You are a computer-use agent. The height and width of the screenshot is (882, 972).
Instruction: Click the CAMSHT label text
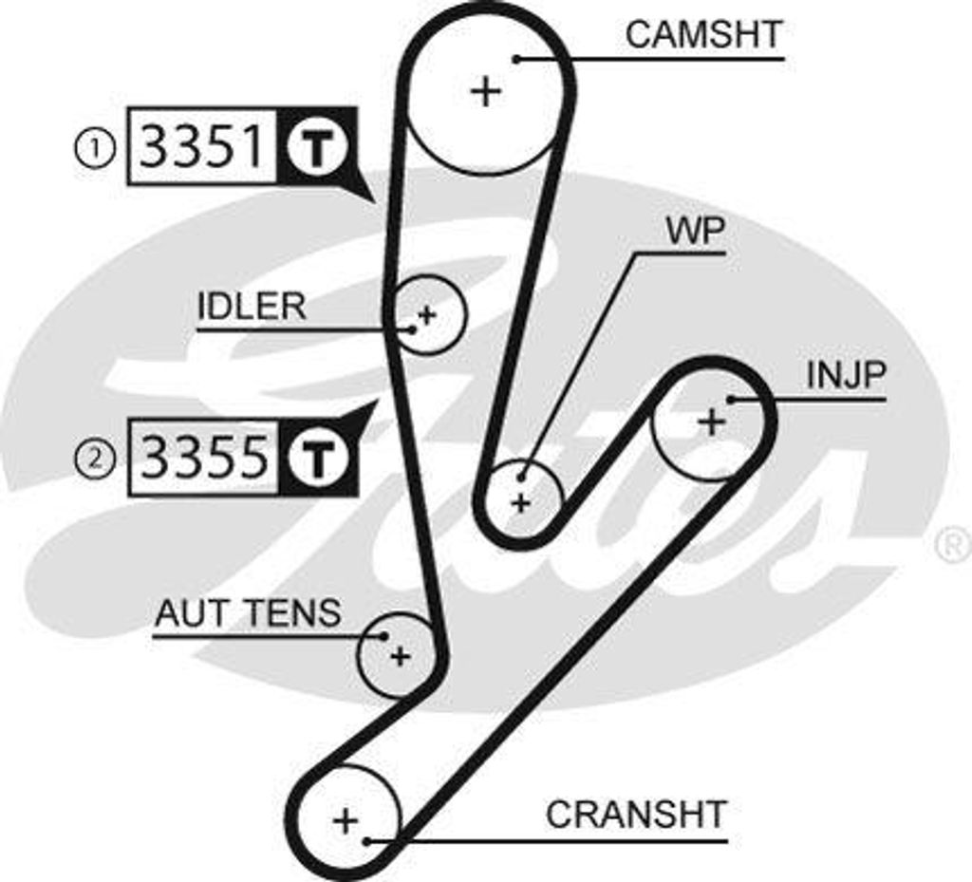(x=703, y=34)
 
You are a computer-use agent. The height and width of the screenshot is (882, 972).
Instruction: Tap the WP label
(x=696, y=232)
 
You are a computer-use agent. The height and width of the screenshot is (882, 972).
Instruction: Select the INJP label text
(x=846, y=375)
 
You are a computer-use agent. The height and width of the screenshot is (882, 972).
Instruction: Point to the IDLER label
(x=252, y=307)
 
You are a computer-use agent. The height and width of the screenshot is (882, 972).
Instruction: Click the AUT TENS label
(x=248, y=613)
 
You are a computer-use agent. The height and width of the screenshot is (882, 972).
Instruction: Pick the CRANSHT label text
(x=636, y=815)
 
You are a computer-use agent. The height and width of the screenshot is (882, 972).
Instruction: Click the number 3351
(x=201, y=146)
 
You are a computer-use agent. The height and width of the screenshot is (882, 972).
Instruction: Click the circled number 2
(x=95, y=460)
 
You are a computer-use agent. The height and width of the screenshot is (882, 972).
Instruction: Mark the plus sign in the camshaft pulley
(x=485, y=92)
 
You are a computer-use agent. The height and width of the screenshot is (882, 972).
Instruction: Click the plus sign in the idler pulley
(x=427, y=314)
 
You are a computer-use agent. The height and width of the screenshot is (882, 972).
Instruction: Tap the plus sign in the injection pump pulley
(x=710, y=421)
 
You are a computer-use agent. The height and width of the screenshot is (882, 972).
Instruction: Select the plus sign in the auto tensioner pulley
(x=401, y=655)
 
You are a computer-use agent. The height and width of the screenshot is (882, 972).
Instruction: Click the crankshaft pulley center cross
(x=345, y=820)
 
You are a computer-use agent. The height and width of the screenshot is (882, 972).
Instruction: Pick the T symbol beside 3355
(x=315, y=458)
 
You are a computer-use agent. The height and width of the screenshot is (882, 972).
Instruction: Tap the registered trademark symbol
(x=952, y=545)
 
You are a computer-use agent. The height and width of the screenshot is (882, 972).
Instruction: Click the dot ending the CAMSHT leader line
(x=517, y=59)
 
